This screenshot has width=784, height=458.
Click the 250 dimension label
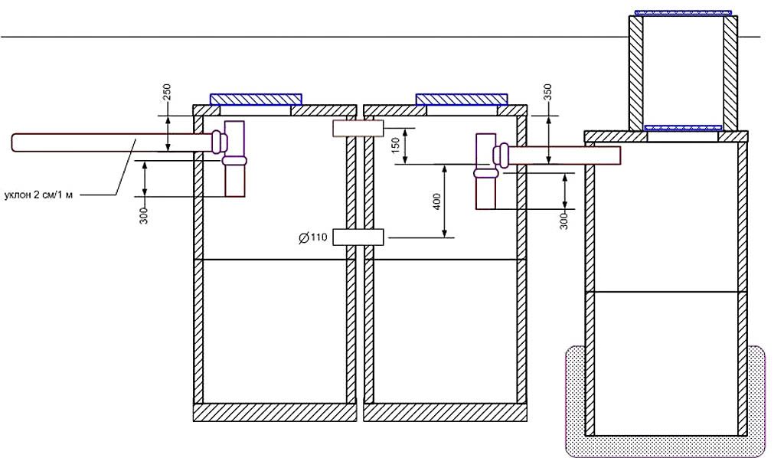point(168,93)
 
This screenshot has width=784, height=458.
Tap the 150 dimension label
point(396,146)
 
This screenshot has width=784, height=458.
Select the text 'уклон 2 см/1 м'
point(40,195)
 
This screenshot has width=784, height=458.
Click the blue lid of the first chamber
point(256,99)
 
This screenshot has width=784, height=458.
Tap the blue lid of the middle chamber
point(462,99)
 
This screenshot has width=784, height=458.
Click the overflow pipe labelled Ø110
point(358,237)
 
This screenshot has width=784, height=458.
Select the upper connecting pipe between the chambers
point(358,129)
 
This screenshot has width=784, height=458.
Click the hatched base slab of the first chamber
point(274,413)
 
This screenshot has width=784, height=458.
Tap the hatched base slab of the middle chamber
point(446,413)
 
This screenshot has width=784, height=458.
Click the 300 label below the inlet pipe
point(144,215)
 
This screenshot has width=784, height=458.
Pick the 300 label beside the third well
point(563,221)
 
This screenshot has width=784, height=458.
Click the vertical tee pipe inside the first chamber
point(234,165)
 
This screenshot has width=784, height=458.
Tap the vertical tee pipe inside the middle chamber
point(486,175)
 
